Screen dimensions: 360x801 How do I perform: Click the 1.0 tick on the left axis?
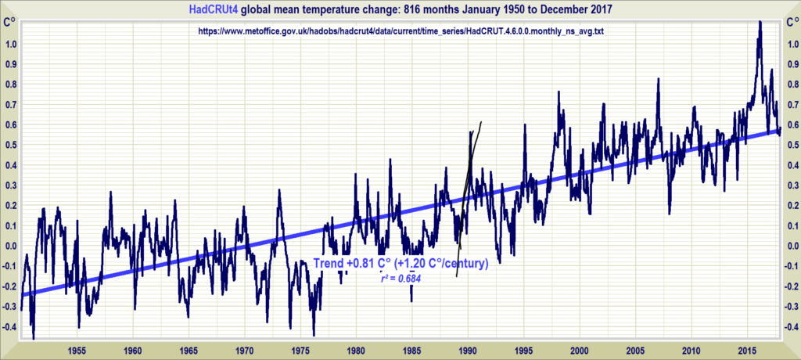(x=11, y=44)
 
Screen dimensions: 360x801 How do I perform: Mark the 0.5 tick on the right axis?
(x=790, y=145)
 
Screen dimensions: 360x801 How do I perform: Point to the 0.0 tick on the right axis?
(x=790, y=246)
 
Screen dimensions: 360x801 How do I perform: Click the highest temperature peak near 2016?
(x=759, y=22)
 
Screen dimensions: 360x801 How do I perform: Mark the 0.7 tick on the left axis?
(x=11, y=104)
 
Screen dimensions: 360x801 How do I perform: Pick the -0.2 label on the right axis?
(x=788, y=286)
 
